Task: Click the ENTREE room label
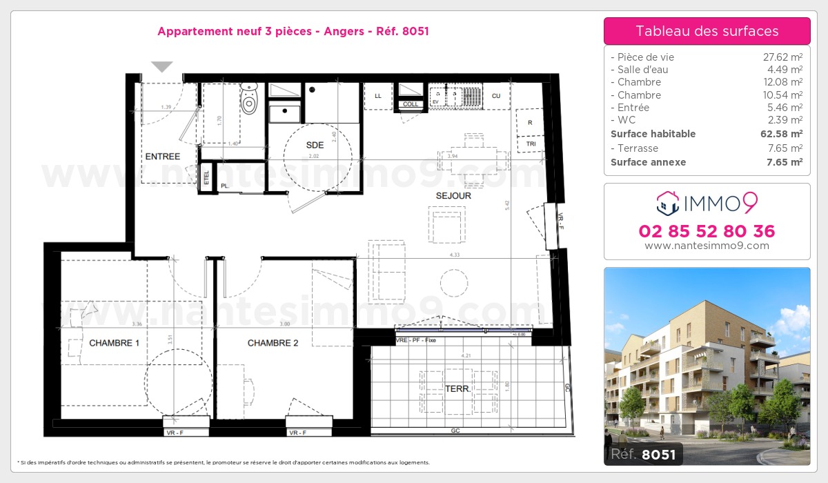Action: click(x=163, y=157)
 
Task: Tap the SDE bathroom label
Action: click(x=315, y=145)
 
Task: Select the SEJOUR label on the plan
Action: click(x=453, y=196)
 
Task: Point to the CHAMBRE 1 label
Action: click(x=114, y=343)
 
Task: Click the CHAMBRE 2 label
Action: click(x=273, y=343)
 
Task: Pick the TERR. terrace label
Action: click(x=457, y=389)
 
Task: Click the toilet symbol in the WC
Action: click(x=249, y=101)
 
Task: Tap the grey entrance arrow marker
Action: click(x=162, y=67)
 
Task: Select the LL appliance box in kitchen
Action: click(x=377, y=96)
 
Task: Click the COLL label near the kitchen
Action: click(x=411, y=104)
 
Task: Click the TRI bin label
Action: click(x=531, y=145)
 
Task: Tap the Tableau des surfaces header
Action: click(x=707, y=31)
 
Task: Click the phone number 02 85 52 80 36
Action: click(x=707, y=231)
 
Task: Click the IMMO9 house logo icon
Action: click(x=667, y=202)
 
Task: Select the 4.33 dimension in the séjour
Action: click(x=454, y=255)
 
